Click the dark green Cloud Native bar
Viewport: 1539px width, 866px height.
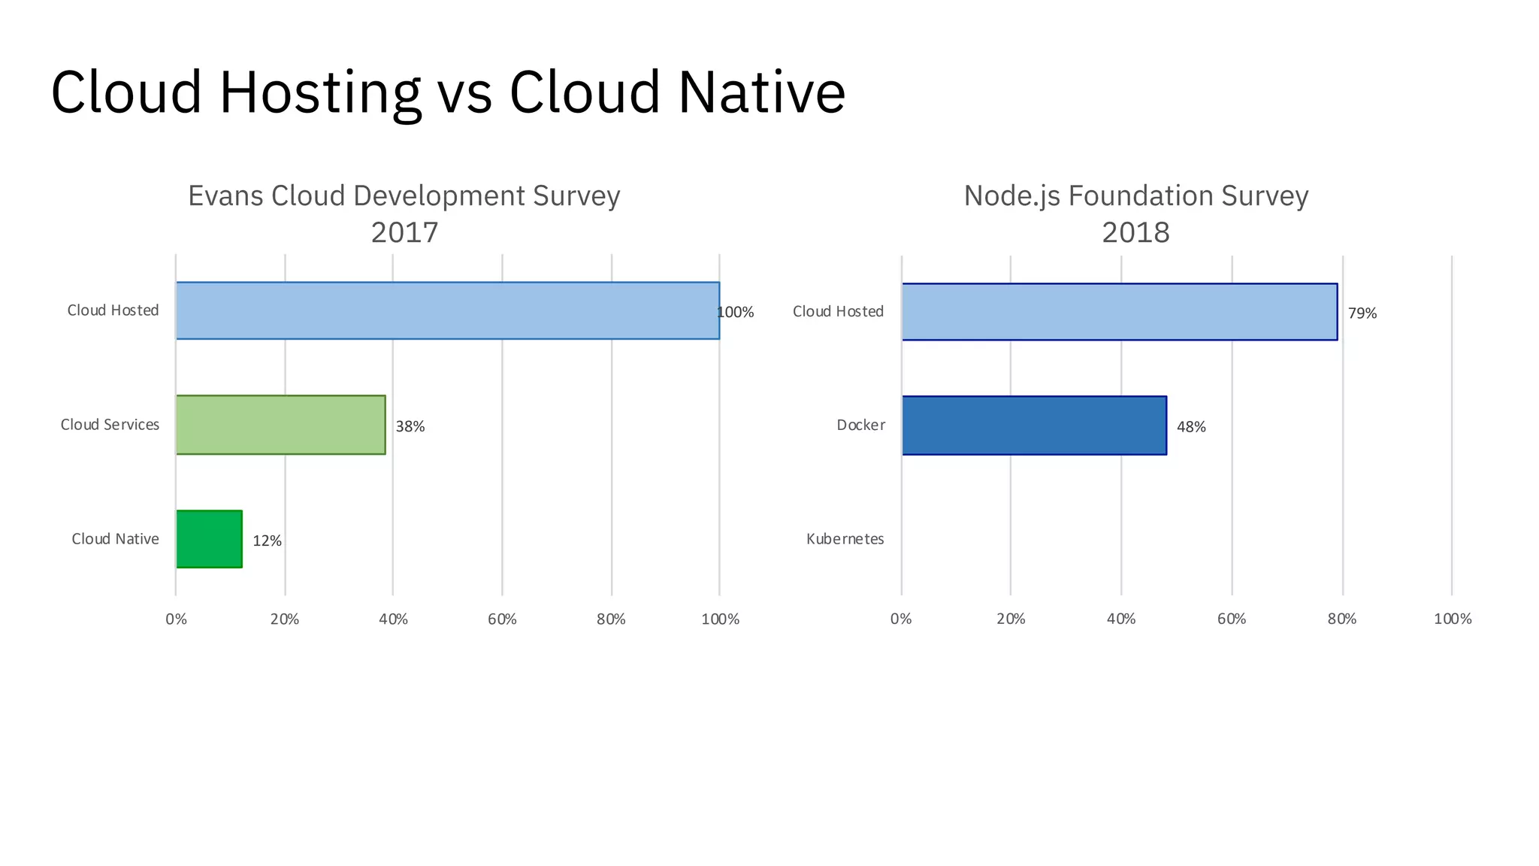[209, 539]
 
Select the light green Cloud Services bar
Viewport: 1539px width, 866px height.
[280, 425]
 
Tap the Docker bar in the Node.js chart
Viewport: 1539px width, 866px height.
[1034, 425]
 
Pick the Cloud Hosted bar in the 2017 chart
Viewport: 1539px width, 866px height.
[447, 310]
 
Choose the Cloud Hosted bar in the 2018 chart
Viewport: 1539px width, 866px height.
[1120, 312]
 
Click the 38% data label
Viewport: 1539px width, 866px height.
[410, 426]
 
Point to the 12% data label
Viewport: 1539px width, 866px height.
[267, 540]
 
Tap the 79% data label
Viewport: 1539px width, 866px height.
[1362, 313]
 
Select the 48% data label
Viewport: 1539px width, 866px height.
[1191, 427]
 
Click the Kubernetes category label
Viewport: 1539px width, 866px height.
[845, 539]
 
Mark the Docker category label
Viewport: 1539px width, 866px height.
[860, 425]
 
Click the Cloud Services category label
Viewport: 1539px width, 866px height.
[110, 425]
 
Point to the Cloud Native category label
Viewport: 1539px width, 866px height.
[115, 539]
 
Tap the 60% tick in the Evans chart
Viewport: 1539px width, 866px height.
[502, 619]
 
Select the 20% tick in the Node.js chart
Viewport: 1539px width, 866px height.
[1011, 619]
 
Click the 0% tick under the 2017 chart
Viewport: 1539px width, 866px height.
[176, 619]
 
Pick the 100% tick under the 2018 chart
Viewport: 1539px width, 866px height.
[1452, 619]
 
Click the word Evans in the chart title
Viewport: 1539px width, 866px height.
[225, 196]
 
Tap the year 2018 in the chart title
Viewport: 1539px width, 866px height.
[1135, 232]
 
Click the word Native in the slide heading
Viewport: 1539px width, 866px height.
[761, 92]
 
